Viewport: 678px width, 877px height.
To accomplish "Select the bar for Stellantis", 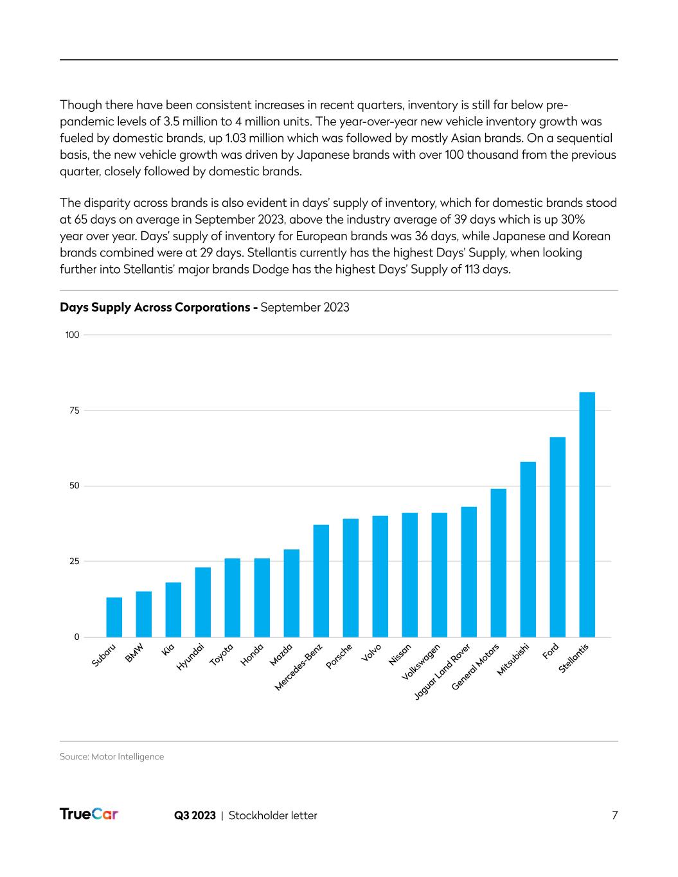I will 587,514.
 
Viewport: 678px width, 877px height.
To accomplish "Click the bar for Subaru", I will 114,617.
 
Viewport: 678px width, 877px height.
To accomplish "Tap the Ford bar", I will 557,536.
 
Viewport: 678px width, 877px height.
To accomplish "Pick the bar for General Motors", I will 498,563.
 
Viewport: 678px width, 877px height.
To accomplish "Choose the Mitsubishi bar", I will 528,549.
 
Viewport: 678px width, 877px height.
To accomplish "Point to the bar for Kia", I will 173,609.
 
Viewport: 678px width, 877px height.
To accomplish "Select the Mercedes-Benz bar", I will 321,581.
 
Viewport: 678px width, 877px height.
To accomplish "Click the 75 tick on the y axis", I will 73,411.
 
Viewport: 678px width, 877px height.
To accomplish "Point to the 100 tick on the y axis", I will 72,335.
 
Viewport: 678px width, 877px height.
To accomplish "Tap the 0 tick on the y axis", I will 76,637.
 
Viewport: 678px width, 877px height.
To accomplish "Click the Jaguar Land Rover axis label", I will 442,671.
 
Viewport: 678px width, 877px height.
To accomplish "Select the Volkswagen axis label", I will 421,662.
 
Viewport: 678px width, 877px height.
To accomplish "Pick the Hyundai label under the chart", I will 190,657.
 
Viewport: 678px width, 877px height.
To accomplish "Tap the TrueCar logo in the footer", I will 89,815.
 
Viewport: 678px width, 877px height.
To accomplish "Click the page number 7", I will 614,815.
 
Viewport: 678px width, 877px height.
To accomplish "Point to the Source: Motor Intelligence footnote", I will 112,757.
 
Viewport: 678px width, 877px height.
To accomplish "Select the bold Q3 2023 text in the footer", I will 195,815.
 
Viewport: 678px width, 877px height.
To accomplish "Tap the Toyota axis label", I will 221,655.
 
